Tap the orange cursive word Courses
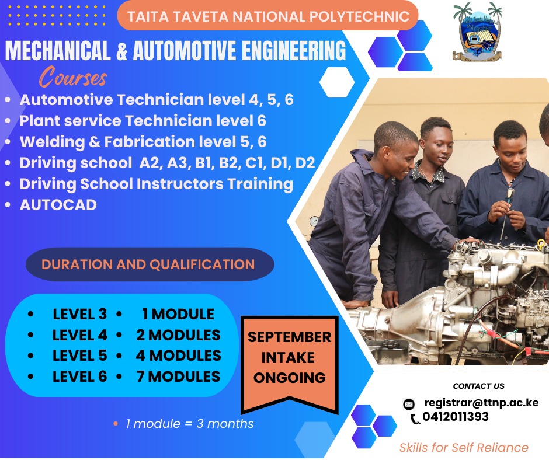73,78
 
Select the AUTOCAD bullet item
58,205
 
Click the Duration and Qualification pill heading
148,264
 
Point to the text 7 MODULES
178,377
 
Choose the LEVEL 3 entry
79,314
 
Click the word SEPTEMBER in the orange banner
289,337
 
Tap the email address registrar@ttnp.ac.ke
481,402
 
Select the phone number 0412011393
456,417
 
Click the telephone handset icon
415,418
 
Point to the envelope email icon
409,404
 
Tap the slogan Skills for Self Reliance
464,448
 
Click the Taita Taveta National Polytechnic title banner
268,16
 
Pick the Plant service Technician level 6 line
143,121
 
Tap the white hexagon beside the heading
336,82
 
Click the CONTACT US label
478,386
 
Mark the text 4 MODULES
178,356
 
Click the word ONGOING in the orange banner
289,377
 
